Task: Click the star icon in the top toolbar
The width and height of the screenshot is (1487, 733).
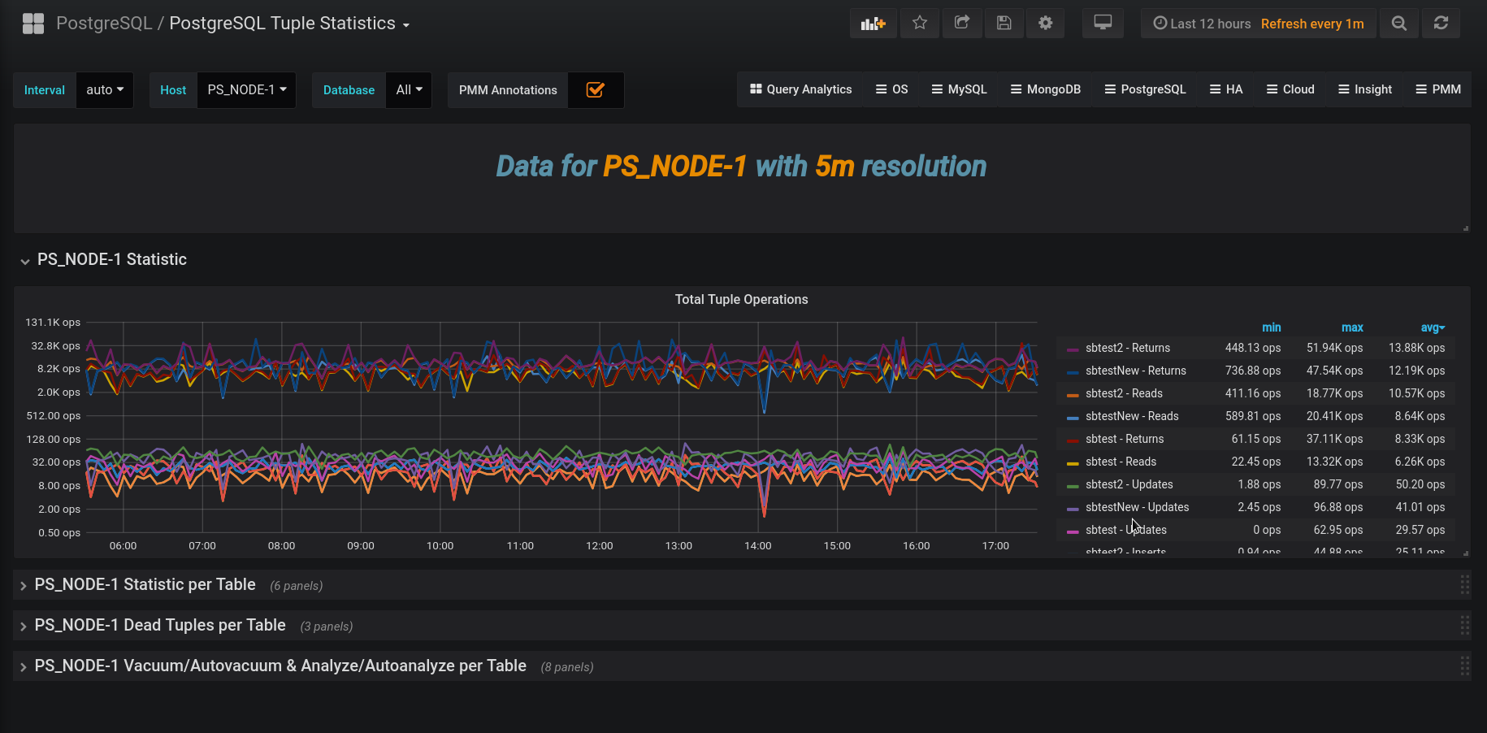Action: (x=919, y=23)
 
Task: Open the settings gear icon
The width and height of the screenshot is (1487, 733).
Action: (x=1046, y=23)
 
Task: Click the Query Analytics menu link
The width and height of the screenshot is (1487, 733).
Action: (x=801, y=89)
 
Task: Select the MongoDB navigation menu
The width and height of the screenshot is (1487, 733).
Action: (x=1046, y=89)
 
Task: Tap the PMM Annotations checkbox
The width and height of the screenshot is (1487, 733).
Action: (x=596, y=89)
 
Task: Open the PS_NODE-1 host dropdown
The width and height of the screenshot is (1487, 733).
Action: (x=246, y=89)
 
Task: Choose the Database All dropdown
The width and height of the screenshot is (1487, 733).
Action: (x=409, y=89)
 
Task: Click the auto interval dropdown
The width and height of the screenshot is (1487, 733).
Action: (x=105, y=89)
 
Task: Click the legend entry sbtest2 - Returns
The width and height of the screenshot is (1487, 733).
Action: (x=1128, y=348)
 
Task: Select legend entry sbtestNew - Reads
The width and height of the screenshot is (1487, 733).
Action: (x=1132, y=416)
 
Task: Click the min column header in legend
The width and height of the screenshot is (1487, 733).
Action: (x=1271, y=327)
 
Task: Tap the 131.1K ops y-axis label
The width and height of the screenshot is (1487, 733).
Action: (x=53, y=323)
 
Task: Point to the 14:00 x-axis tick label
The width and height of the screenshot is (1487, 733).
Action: (x=758, y=546)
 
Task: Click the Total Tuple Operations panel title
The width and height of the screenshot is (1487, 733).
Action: (x=741, y=299)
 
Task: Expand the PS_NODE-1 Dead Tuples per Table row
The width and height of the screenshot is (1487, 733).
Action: (x=160, y=625)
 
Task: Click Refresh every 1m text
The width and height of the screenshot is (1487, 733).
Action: (x=1311, y=24)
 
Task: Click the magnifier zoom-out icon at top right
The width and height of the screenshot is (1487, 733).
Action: (x=1398, y=23)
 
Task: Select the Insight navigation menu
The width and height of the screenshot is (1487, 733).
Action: (x=1365, y=89)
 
